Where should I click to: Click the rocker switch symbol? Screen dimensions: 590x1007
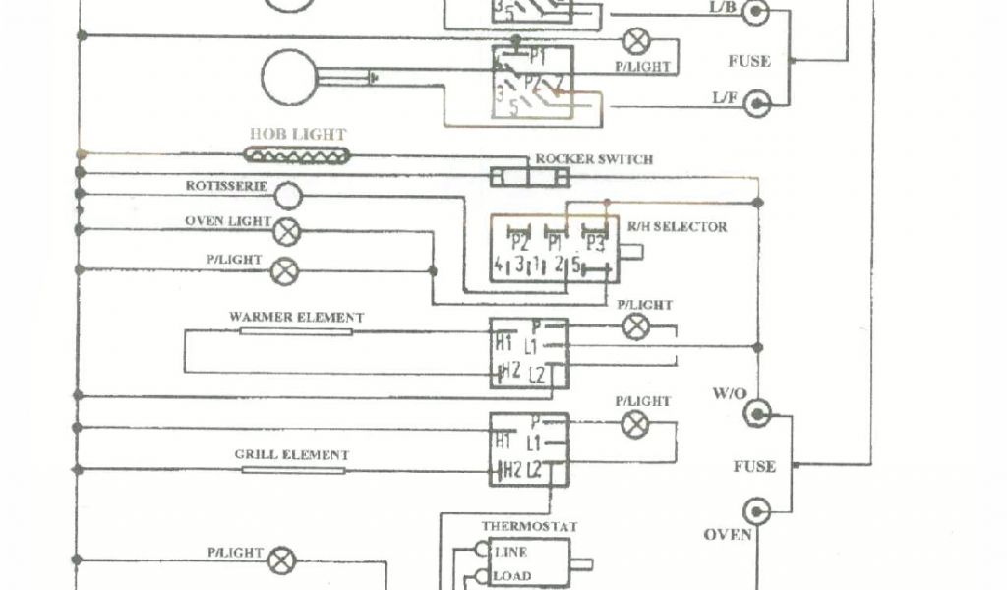[530, 177]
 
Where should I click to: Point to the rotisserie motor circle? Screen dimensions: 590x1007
[286, 196]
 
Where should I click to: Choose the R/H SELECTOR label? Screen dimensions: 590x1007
[677, 227]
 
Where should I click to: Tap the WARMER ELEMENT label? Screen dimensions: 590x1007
[296, 318]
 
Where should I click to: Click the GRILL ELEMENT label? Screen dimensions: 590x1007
[291, 455]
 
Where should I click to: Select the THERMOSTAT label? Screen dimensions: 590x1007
[521, 526]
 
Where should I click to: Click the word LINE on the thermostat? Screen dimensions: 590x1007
[512, 552]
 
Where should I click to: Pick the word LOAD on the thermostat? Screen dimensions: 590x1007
[512, 576]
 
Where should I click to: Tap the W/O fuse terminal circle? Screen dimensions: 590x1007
[757, 414]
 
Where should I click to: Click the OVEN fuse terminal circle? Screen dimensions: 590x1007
[757, 511]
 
